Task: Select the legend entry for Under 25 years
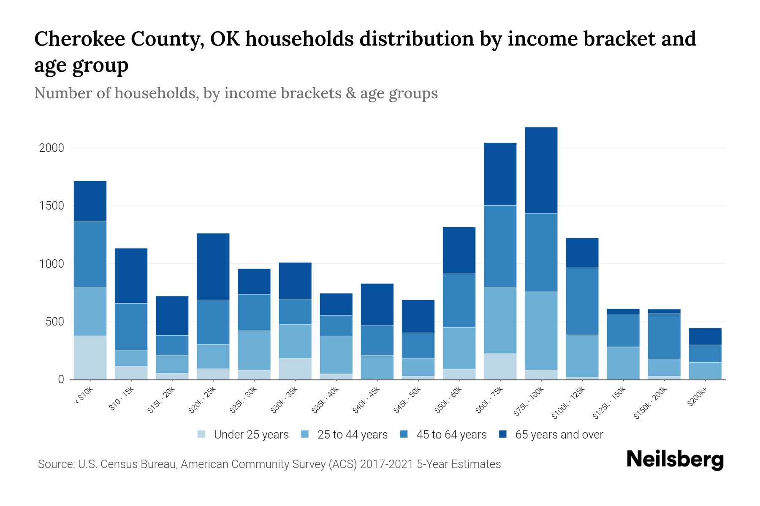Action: [243, 435]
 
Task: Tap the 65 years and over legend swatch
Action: [503, 434]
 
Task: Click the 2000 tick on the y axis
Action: [51, 148]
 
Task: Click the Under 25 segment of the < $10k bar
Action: [90, 357]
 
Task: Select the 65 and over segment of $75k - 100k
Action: [541, 170]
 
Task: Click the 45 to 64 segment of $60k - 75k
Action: [500, 246]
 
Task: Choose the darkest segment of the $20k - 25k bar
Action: [213, 266]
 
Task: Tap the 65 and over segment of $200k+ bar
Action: [705, 336]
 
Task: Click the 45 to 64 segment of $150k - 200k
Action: [664, 336]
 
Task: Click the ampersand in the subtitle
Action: [350, 93]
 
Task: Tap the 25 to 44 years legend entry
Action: [344, 435]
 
